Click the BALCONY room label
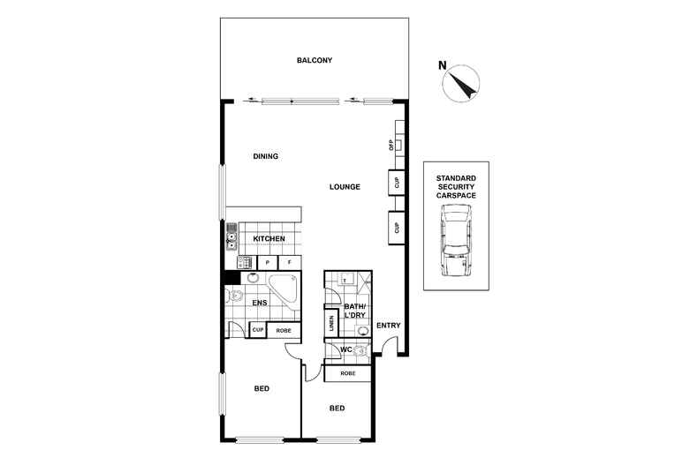(314, 60)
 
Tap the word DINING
(265, 156)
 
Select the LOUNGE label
(344, 186)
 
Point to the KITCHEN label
(269, 239)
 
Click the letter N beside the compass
(443, 64)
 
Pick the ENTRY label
(388, 326)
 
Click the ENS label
(260, 304)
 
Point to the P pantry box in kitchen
(267, 263)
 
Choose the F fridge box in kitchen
(289, 263)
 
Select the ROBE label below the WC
(346, 374)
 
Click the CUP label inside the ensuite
(258, 331)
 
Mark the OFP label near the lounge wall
(391, 146)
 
